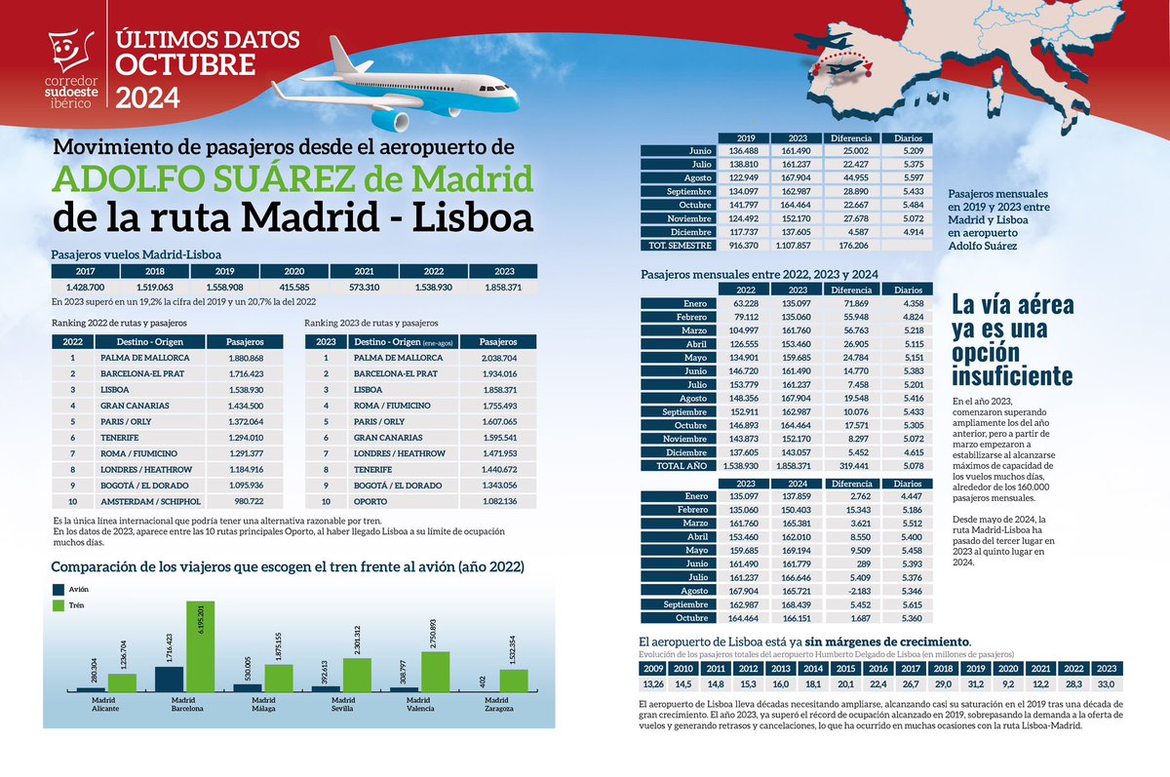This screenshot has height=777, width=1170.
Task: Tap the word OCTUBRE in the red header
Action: [x=186, y=65]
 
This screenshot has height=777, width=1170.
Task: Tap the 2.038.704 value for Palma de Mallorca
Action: [x=498, y=358]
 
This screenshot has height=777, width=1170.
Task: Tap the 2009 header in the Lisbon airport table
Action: [x=654, y=669]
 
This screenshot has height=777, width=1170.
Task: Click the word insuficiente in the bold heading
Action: [x=1012, y=374]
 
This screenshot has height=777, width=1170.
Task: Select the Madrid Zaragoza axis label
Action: [x=498, y=704]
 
